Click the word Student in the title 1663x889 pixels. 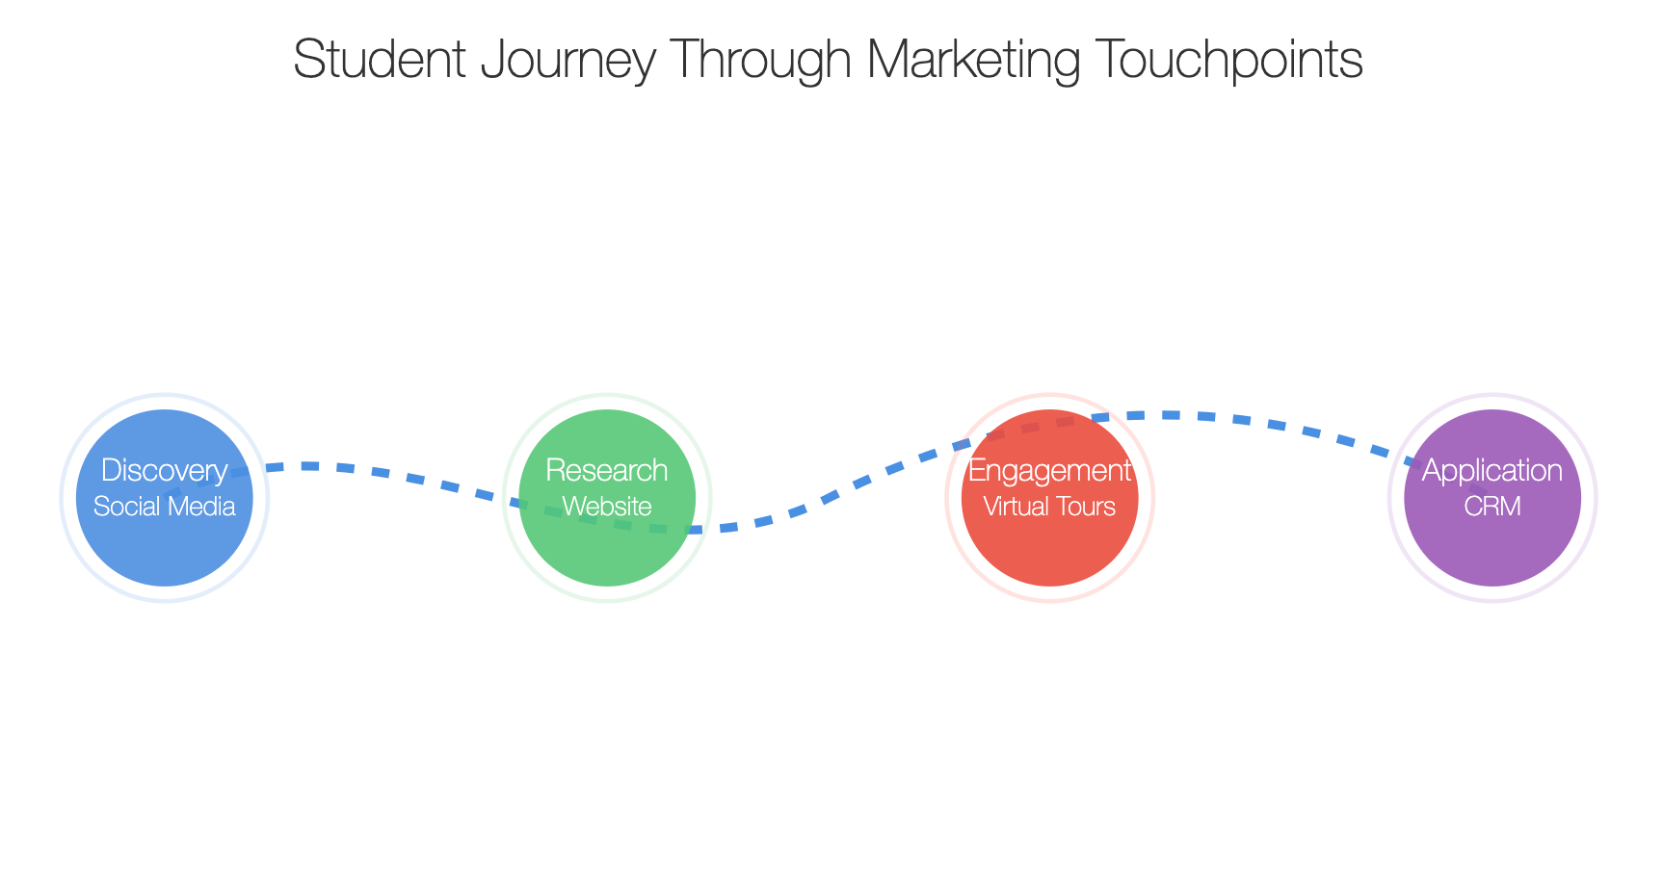379,59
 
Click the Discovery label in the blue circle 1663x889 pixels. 165,471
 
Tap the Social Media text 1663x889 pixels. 165,506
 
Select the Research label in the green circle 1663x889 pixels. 607,470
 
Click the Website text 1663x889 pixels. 607,506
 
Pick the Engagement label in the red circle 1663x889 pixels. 1050,471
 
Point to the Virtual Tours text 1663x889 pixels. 1050,506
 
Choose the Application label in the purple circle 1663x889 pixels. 1492,471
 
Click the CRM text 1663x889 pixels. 1492,506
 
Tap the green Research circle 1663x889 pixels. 607,554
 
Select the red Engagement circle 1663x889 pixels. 1050,554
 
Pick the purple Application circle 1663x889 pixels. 1492,554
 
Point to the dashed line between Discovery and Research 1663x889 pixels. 385,472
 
